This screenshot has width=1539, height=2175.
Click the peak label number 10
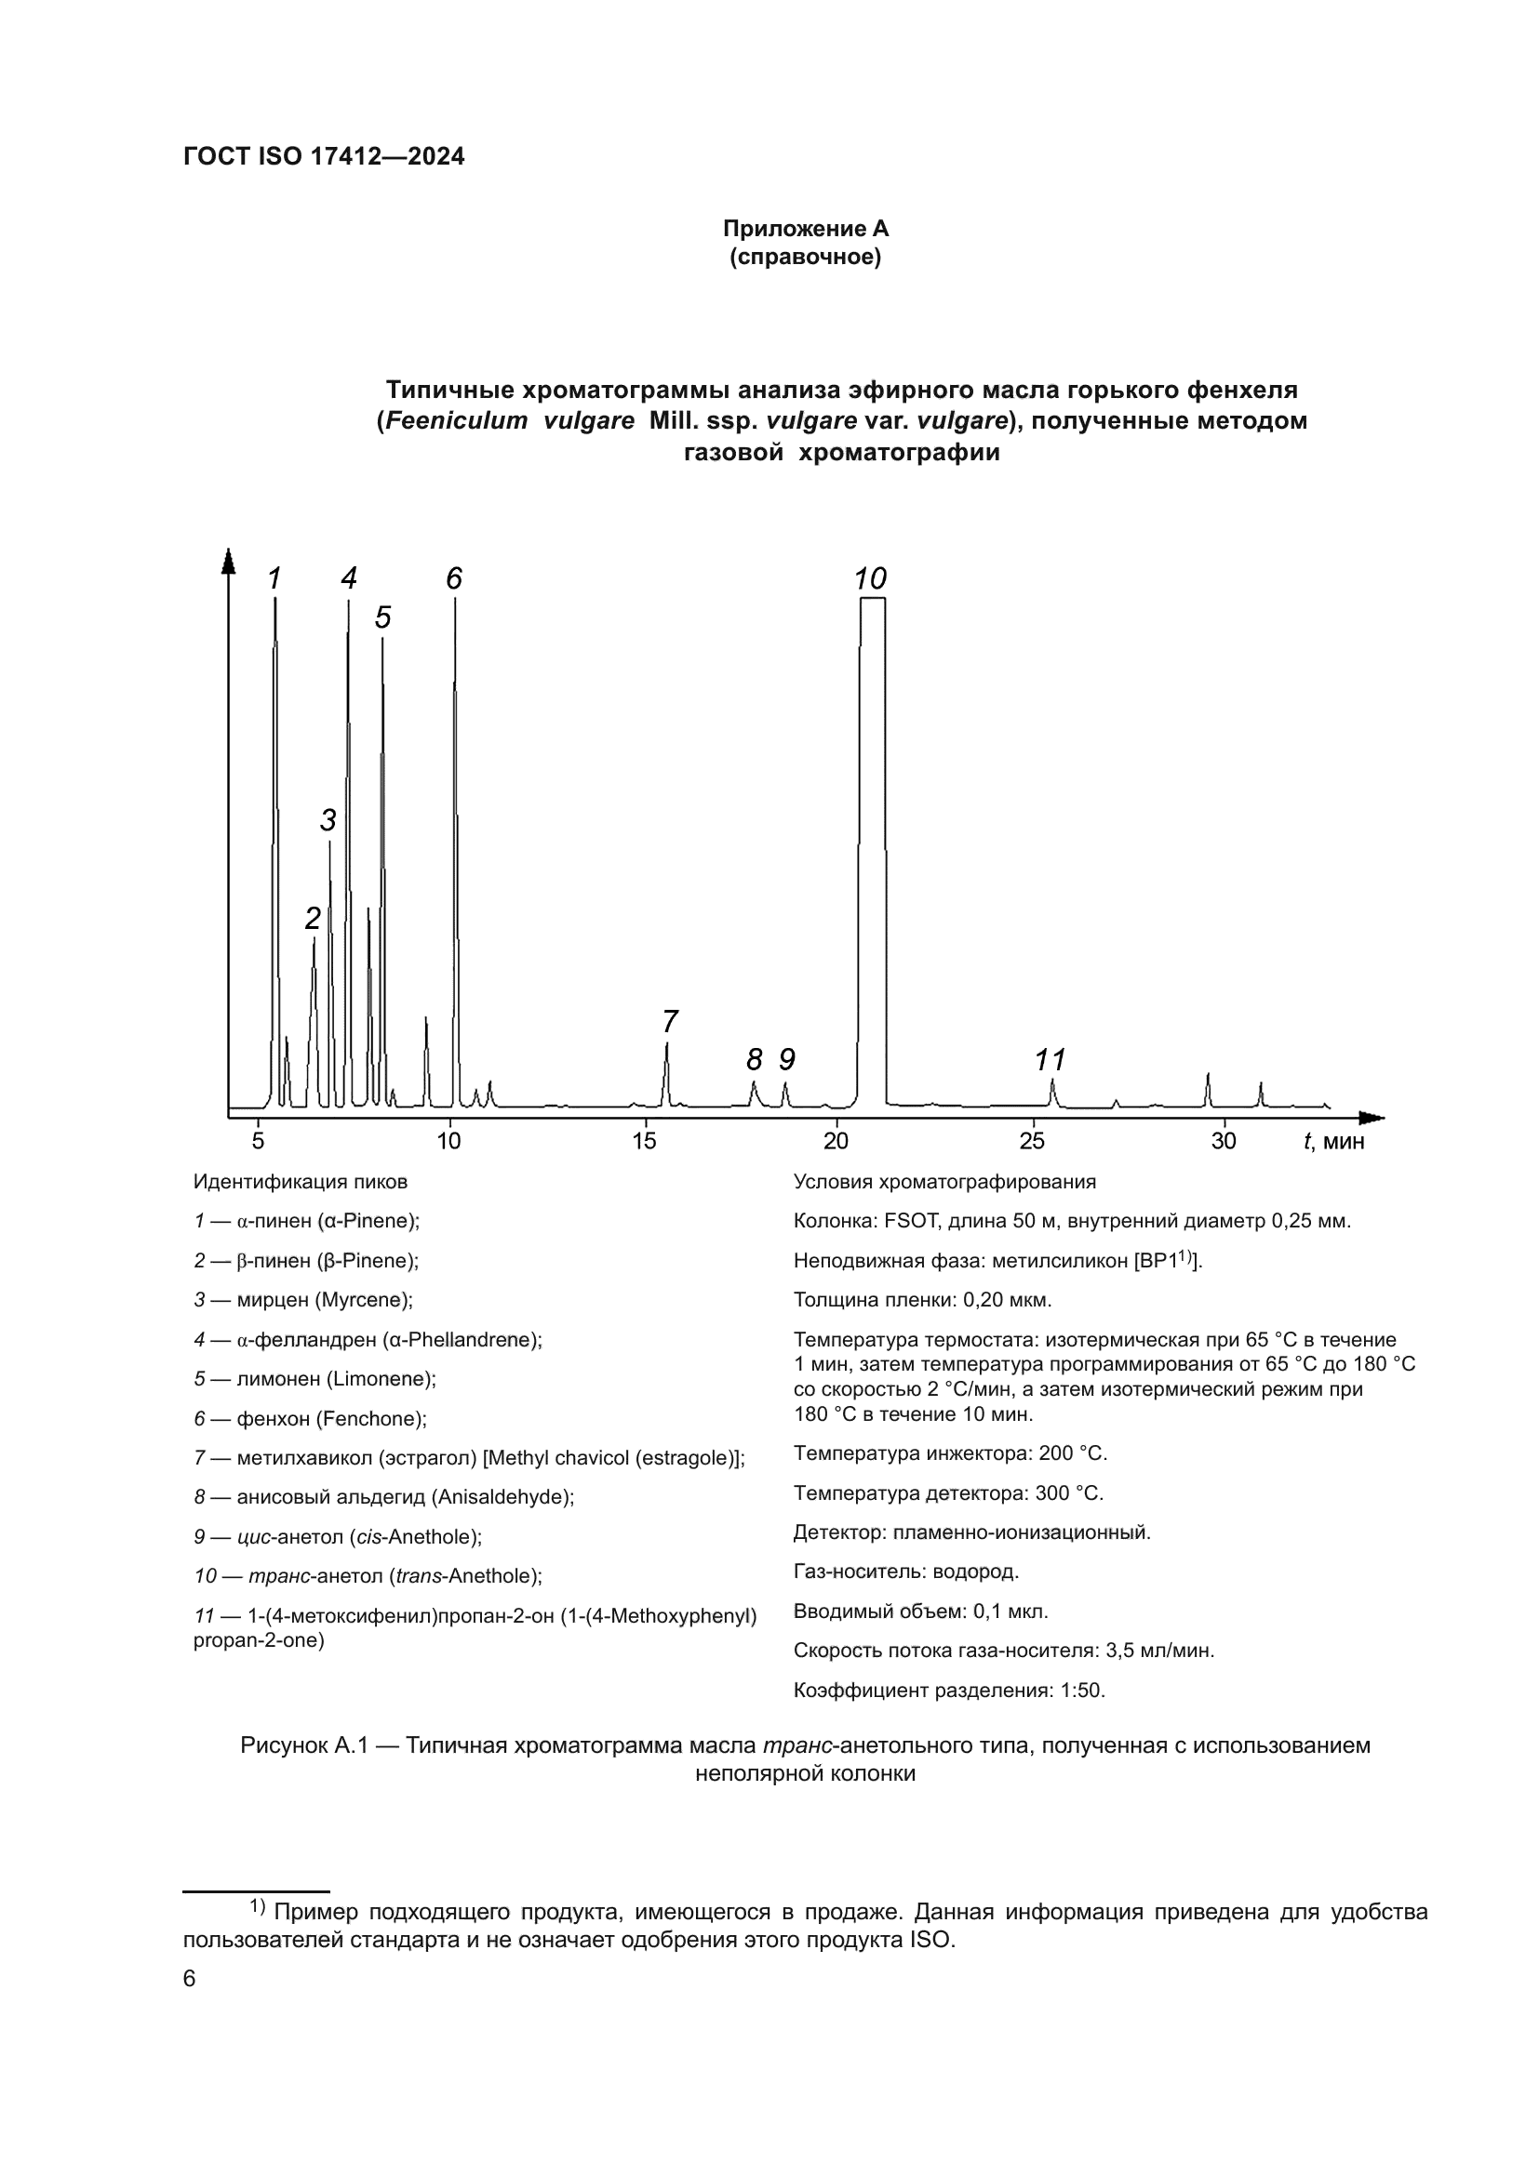pos(870,578)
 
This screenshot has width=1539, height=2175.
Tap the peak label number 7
pos(669,1021)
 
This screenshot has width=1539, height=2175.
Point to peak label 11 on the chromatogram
pos(1050,1059)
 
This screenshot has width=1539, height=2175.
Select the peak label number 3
pos(328,819)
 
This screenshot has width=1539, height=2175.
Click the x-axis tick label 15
pos(645,1141)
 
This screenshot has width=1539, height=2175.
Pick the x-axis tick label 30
pos(1224,1141)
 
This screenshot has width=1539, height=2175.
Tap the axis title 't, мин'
pos(1334,1142)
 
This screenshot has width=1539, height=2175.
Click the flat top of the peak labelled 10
pos(873,599)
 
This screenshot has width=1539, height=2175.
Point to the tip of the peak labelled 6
pos(455,602)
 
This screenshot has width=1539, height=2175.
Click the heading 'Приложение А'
pos(806,229)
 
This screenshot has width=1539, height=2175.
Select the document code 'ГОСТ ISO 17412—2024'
pos(324,157)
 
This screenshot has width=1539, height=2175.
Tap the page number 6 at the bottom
pos(190,1978)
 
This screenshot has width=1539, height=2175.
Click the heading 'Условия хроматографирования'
pos(943,1181)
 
